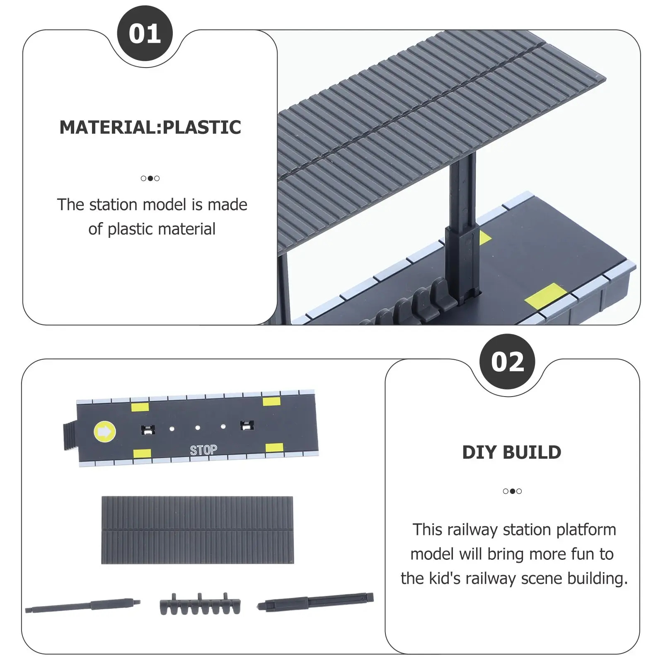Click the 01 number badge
click(x=145, y=34)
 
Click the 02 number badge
click(x=507, y=362)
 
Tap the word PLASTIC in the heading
click(x=202, y=127)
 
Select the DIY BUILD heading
click(x=512, y=452)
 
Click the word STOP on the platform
click(x=203, y=450)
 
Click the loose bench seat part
click(x=200, y=604)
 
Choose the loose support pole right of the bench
click(x=315, y=602)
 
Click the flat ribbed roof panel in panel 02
click(x=198, y=530)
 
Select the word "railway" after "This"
click(x=472, y=530)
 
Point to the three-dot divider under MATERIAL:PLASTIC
click(x=150, y=178)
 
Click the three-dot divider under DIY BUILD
click(x=512, y=491)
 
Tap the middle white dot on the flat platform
click(x=198, y=428)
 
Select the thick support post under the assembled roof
click(x=462, y=226)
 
